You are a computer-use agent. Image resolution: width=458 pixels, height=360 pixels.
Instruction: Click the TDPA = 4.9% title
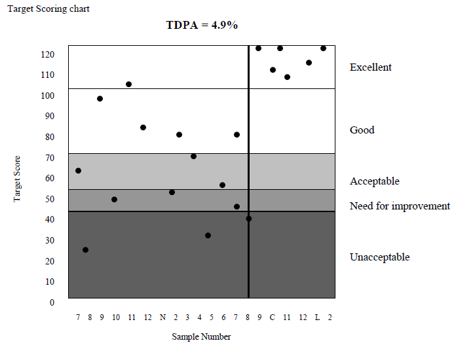coord(201,26)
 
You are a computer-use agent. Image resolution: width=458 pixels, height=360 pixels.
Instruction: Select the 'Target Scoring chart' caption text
coord(48,9)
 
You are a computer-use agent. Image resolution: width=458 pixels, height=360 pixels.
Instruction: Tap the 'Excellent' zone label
coord(370,67)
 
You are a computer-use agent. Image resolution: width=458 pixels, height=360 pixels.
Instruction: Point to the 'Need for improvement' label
coord(400,206)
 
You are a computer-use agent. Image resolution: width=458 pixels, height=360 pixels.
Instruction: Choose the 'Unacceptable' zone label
coord(379,257)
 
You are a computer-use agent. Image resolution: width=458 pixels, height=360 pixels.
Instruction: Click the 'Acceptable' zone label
coord(374,181)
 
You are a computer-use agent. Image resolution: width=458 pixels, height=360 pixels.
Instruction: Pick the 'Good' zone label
coord(362,130)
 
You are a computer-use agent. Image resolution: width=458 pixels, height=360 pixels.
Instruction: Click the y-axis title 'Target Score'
coord(18,178)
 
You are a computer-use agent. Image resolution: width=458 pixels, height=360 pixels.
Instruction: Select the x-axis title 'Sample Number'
coord(201,337)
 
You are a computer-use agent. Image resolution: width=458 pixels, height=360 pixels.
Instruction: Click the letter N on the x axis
coord(162,317)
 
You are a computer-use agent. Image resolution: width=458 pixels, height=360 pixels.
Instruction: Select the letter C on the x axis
coord(272,317)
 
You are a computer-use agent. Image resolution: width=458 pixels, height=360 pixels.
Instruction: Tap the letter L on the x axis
coord(317,317)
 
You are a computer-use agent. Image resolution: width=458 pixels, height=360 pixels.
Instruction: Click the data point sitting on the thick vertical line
coord(248,219)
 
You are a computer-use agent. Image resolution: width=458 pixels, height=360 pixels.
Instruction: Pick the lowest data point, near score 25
coord(85,250)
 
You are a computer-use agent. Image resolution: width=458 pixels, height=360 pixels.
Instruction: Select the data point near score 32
coord(208,236)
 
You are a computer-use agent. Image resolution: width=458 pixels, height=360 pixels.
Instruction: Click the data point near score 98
coord(100,99)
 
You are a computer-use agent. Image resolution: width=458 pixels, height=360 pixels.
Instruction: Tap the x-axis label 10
coord(116,317)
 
